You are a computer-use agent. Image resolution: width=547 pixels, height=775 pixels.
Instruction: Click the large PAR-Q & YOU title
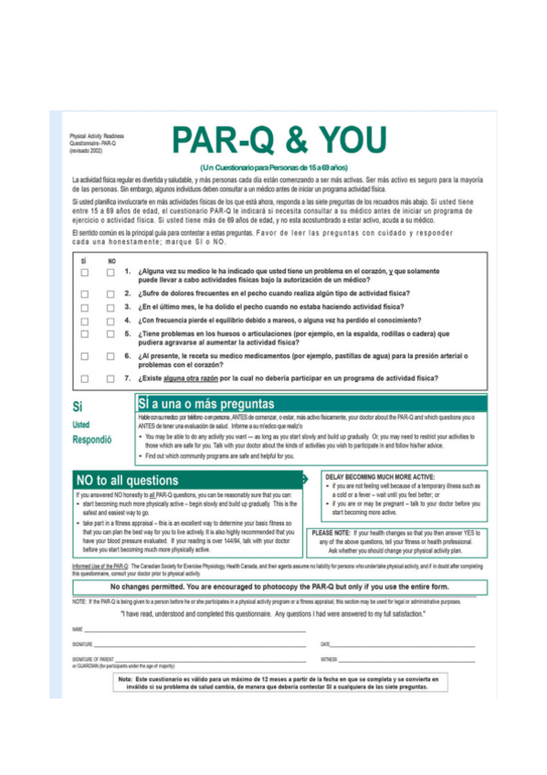[278, 141]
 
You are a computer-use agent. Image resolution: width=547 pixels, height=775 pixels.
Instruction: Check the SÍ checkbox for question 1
[84, 272]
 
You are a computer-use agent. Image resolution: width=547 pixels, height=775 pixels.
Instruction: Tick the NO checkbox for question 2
[110, 293]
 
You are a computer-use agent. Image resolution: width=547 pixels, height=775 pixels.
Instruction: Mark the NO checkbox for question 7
[110, 378]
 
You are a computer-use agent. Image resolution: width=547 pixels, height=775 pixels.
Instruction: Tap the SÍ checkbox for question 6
[84, 356]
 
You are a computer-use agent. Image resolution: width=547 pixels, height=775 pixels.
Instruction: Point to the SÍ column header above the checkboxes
[84, 260]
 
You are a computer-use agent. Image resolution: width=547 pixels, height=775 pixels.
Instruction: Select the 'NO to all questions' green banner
[128, 480]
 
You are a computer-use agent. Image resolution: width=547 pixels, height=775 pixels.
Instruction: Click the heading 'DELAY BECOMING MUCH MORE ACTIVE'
[379, 476]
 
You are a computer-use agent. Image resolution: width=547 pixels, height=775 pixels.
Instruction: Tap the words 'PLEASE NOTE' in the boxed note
[331, 532]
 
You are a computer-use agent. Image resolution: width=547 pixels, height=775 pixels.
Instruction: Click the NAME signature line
[192, 630]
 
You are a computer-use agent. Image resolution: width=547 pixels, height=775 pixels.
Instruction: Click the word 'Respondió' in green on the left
[91, 439]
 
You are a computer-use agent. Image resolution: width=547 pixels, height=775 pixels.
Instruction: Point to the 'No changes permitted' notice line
[274, 586]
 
